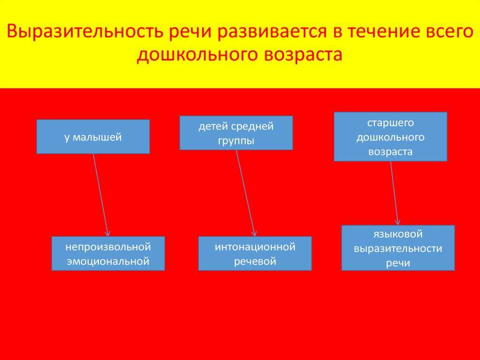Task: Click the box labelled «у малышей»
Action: tap(93, 137)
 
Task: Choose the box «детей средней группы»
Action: tap(236, 133)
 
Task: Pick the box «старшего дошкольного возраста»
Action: tap(390, 137)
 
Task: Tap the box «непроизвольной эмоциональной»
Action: tap(108, 253)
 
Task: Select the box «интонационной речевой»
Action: tap(255, 253)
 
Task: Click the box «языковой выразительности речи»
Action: tap(398, 248)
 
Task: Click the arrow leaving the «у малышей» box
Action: tap(101, 195)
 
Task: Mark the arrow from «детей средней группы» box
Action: tap(246, 193)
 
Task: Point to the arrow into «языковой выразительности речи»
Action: tap(394, 193)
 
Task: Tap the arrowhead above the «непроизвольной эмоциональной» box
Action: tap(107, 233)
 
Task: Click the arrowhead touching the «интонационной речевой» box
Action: tap(255, 233)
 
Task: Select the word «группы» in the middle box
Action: tap(236, 141)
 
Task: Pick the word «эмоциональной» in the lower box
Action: tap(108, 261)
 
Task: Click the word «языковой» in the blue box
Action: tap(398, 234)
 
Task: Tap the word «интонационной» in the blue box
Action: tap(255, 247)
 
